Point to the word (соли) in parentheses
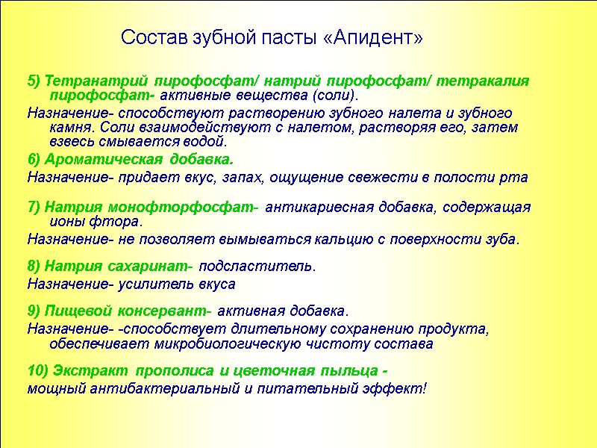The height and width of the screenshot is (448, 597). coord(334,96)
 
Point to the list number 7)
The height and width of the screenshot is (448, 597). coord(35,207)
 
